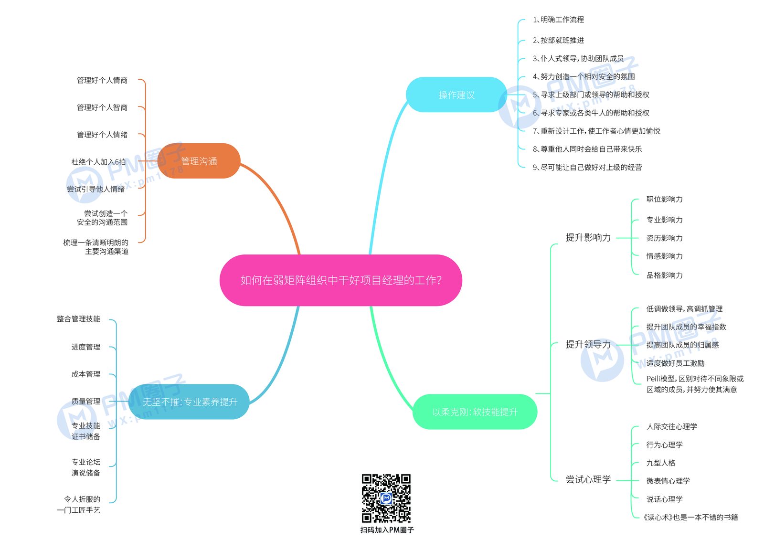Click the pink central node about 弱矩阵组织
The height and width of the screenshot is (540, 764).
point(341,280)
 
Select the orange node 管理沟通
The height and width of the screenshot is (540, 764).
point(199,161)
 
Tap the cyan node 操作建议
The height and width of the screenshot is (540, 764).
point(456,95)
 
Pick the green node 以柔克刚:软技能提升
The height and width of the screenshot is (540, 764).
point(475,412)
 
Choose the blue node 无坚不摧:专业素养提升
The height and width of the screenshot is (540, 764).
point(189,402)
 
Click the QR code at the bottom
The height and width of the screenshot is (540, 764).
point(386,498)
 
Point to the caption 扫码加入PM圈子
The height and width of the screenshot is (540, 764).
point(387,530)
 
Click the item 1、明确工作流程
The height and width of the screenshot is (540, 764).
point(558,20)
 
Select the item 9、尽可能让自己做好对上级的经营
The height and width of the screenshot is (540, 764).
point(587,167)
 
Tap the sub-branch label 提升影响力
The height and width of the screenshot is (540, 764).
point(588,237)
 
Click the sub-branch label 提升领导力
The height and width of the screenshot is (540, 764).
point(588,344)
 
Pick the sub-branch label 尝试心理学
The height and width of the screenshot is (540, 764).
point(588,479)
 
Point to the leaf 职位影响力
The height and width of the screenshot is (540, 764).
point(664,199)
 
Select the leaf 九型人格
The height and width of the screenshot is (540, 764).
point(661,463)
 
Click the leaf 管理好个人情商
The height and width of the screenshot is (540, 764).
point(102,80)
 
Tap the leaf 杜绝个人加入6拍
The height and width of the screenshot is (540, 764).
point(98,162)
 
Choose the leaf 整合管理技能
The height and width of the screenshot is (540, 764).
point(78,319)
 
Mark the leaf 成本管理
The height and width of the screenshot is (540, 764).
point(85,374)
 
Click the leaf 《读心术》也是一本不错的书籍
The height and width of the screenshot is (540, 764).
point(690,518)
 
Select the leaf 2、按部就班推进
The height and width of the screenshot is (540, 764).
point(558,40)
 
